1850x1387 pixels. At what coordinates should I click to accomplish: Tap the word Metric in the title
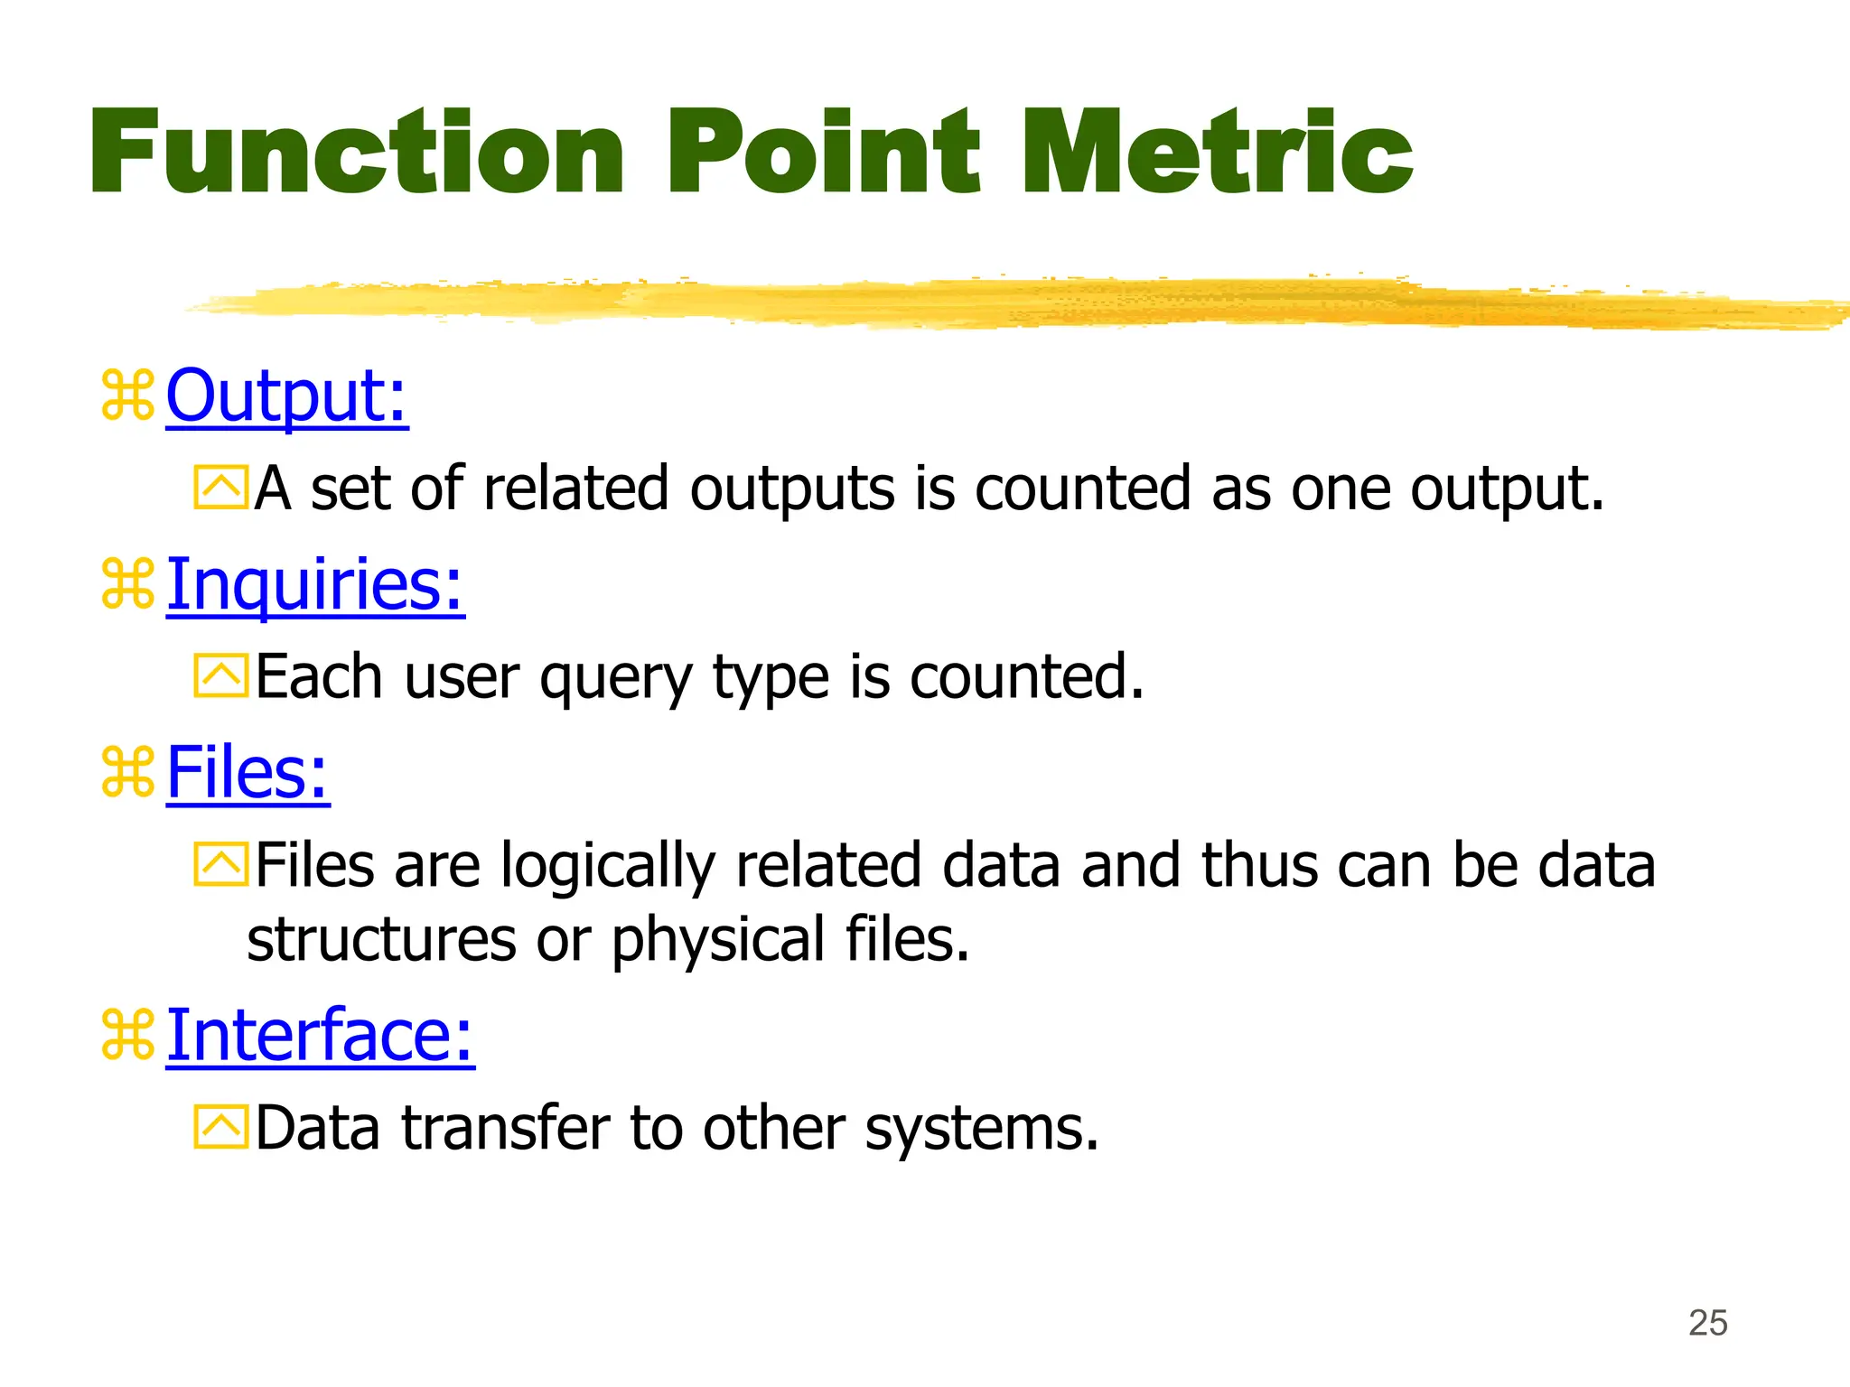pyautogui.click(x=1216, y=152)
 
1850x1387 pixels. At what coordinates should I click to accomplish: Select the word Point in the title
pyautogui.click(x=823, y=152)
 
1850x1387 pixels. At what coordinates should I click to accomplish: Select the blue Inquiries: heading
pyautogui.click(x=315, y=584)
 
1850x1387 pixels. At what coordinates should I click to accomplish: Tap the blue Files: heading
pyautogui.click(x=248, y=773)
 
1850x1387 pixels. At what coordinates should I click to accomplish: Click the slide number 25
pyautogui.click(x=1707, y=1323)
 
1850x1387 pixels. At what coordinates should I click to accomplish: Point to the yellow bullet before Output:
pyautogui.click(x=127, y=396)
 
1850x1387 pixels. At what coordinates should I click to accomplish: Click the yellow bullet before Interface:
pyautogui.click(x=127, y=1035)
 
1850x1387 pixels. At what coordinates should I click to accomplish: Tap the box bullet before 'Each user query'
pyautogui.click(x=220, y=676)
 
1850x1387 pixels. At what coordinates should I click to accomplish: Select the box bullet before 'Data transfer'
pyautogui.click(x=220, y=1127)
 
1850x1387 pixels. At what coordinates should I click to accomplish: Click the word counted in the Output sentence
pyautogui.click(x=1082, y=489)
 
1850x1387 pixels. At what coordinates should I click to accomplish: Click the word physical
pyautogui.click(x=718, y=941)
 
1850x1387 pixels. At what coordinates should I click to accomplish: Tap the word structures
pyautogui.click(x=381, y=940)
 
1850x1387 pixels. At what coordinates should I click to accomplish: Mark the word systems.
pyautogui.click(x=981, y=1130)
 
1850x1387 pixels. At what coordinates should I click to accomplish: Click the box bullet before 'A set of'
pyautogui.click(x=220, y=489)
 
